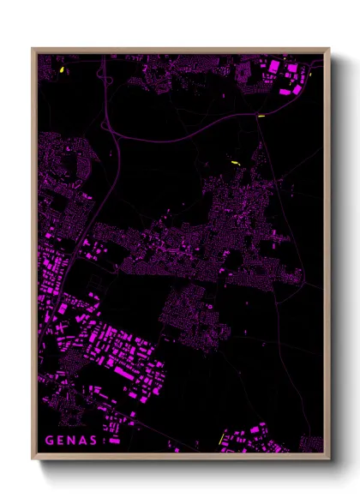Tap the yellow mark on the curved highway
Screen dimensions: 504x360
point(261,116)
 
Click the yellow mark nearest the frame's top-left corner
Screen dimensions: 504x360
point(63,69)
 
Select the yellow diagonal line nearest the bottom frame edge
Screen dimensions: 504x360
point(221,438)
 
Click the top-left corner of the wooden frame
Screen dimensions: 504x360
point(33,50)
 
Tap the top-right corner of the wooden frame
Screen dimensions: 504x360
point(329,50)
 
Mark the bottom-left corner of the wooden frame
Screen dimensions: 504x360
point(33,458)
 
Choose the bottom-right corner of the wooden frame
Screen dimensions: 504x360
point(329,458)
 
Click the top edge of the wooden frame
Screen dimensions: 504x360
point(180,50)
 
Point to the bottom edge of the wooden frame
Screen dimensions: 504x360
point(180,457)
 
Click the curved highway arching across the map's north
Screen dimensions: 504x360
point(171,137)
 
